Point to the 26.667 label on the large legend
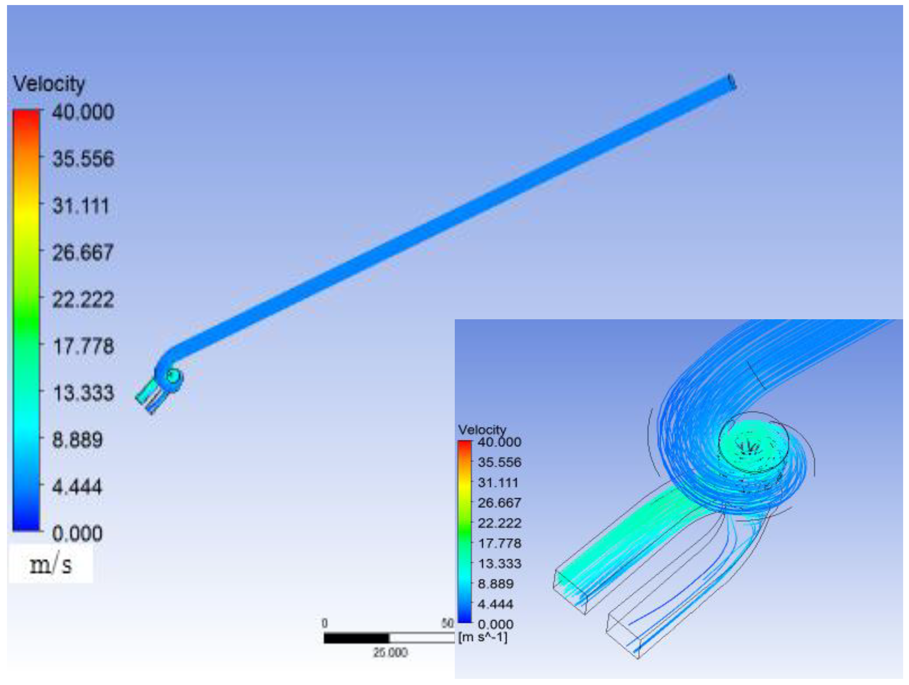[83, 252]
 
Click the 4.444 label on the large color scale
[77, 487]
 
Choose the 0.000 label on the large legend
[77, 534]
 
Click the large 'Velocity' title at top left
[49, 84]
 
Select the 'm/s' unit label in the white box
[51, 565]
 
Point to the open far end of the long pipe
[732, 81]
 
